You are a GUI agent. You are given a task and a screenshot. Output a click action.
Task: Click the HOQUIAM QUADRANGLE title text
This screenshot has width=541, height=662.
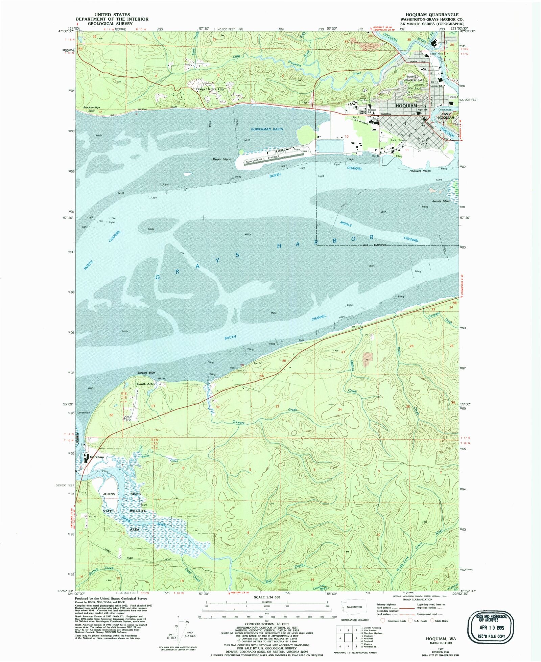point(429,15)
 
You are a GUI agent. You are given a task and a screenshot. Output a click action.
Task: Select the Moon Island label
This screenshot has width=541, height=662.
point(221,159)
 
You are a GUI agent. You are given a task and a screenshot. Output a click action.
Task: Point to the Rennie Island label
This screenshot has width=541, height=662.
point(441,201)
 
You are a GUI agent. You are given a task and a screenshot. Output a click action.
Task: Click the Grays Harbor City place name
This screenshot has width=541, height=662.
point(210,89)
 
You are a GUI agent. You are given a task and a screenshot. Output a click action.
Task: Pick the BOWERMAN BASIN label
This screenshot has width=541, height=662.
point(267,129)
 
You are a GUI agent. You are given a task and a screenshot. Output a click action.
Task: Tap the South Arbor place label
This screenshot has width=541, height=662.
point(146,384)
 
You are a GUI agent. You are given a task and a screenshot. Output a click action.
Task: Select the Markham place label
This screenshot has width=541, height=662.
point(97,457)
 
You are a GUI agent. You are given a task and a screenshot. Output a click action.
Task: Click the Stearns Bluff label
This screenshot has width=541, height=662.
point(146,373)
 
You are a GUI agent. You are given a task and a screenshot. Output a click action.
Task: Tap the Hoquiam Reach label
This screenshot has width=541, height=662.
point(420,171)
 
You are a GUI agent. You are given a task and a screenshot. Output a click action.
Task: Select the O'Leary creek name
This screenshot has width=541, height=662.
point(238,423)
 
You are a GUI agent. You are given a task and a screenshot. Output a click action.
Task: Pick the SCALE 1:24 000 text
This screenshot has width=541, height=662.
point(267,597)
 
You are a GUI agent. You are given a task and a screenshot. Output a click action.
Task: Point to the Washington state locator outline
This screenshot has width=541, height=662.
point(352,606)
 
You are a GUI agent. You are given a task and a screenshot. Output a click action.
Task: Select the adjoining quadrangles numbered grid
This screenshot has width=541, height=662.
point(348,638)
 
